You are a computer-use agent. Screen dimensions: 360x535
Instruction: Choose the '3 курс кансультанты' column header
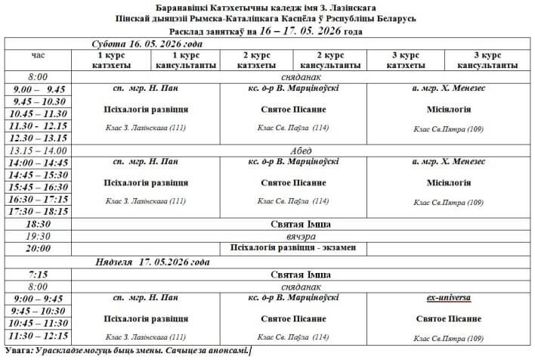click(487, 61)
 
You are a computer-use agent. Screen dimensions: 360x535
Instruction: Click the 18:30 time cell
click(38, 224)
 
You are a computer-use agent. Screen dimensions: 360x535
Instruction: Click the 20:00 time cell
click(38, 248)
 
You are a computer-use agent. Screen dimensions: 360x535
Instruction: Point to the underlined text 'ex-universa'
click(449, 299)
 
